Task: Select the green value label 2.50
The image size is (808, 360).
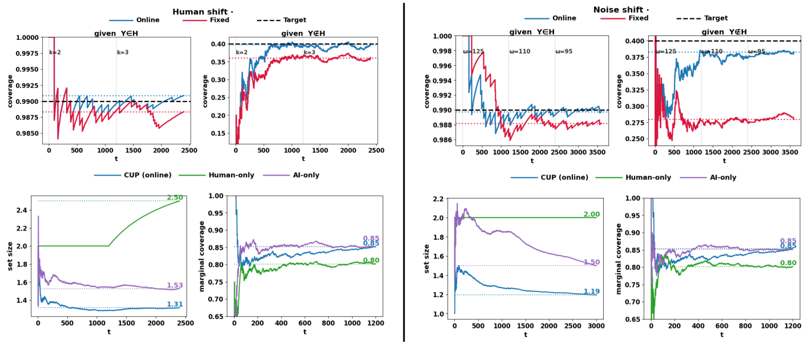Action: point(175,197)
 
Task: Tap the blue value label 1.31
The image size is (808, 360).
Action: point(175,304)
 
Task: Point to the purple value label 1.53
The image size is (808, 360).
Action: point(175,285)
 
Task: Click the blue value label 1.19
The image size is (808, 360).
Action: point(591,292)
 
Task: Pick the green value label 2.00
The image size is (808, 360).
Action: point(591,215)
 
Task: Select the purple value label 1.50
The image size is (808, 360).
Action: point(591,262)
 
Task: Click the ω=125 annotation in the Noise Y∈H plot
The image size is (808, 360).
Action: point(474,52)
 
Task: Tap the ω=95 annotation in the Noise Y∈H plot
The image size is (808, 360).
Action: point(564,52)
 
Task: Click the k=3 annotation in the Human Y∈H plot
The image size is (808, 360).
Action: point(123,52)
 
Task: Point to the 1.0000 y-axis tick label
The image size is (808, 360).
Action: point(26,38)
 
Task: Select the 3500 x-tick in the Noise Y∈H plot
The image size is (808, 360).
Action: point(598,153)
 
